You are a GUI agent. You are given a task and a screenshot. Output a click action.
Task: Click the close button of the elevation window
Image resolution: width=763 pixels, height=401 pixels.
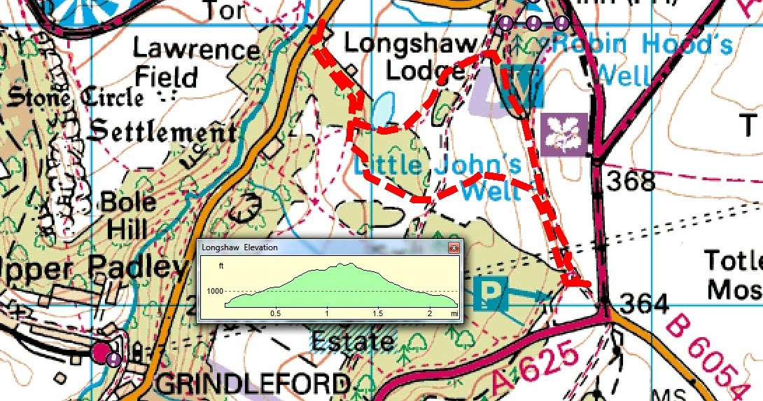[x=454, y=248]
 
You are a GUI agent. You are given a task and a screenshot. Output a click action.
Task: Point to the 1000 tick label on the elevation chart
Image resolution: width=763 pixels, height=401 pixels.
[x=214, y=292]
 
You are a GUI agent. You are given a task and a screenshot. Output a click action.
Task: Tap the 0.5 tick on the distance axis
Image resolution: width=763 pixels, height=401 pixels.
[x=275, y=312]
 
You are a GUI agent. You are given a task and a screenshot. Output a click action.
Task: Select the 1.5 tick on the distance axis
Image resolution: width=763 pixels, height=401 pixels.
[x=378, y=312]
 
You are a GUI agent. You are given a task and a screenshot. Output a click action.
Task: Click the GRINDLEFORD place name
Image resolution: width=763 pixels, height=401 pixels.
[x=253, y=384]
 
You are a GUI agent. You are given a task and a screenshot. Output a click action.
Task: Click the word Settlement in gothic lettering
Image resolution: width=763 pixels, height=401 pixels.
[x=162, y=131]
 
